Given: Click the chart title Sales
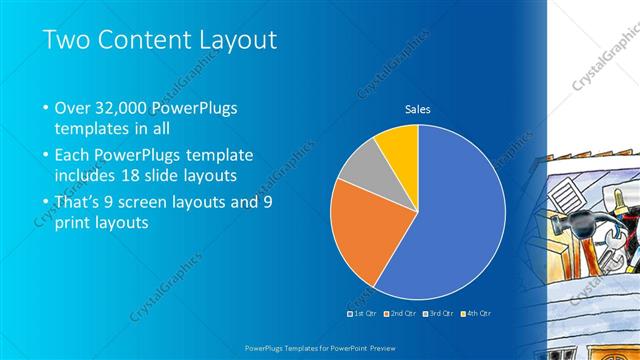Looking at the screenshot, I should (x=417, y=109).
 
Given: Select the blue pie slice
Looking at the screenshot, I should (x=450, y=220).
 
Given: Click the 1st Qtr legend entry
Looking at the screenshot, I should (x=364, y=313).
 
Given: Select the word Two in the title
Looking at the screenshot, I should (x=67, y=40).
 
